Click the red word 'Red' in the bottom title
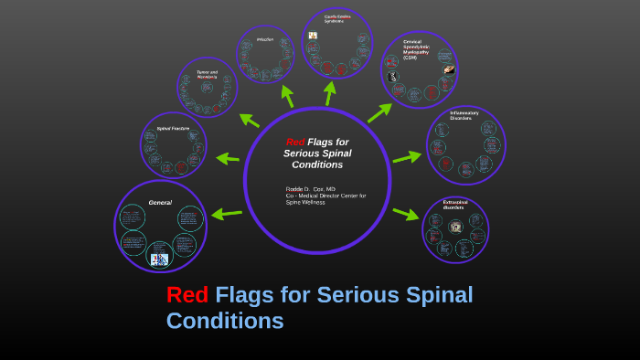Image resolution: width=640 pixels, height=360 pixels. click(x=187, y=295)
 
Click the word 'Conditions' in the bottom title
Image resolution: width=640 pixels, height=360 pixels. click(x=225, y=322)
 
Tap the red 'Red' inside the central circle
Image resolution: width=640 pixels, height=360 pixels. click(x=294, y=142)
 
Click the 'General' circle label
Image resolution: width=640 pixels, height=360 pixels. click(x=160, y=202)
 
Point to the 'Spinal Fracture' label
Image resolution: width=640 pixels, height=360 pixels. click(x=173, y=129)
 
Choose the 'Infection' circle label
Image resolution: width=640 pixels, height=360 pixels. click(x=265, y=40)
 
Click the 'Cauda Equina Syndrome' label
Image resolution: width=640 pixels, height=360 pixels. click(x=336, y=19)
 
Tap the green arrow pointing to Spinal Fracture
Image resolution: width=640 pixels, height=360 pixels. click(x=228, y=158)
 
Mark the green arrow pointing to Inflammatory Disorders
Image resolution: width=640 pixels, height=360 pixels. click(x=407, y=157)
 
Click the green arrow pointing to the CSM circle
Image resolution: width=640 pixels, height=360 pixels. click(x=379, y=111)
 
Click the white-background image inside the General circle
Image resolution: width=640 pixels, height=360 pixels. click(x=160, y=259)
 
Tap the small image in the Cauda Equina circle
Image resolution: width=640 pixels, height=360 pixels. click(x=313, y=36)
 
